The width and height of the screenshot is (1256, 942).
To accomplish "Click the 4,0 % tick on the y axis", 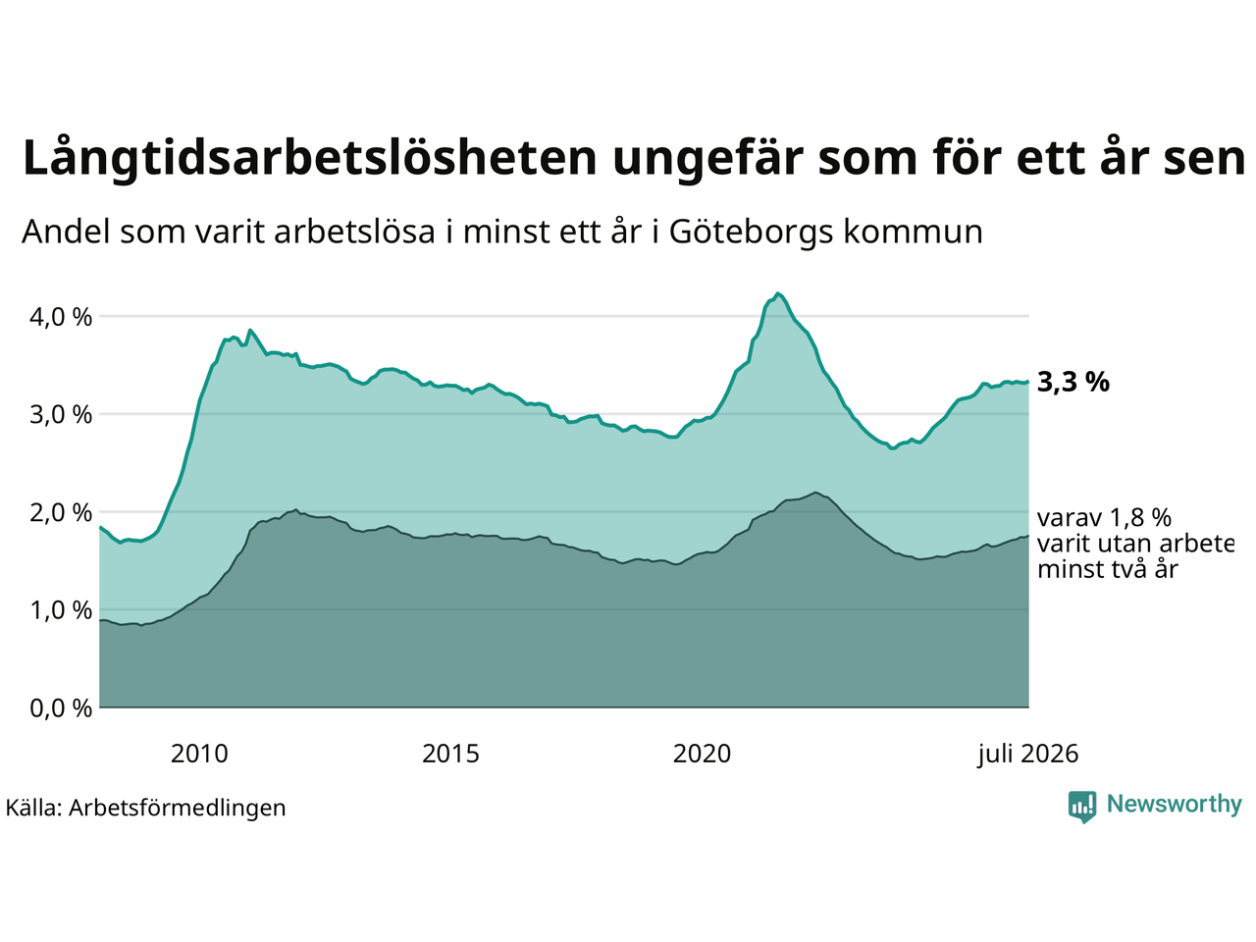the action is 61,317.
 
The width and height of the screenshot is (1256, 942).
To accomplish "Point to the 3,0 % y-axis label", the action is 61,415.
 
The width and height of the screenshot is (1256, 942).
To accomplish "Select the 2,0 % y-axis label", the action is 61,512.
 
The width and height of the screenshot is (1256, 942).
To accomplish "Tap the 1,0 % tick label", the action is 61,610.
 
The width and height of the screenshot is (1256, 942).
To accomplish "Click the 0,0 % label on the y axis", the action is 61,708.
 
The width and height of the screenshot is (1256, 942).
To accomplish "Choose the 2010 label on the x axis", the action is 199,754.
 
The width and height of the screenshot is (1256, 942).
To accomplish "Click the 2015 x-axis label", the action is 450,754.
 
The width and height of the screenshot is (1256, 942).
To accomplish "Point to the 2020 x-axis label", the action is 702,754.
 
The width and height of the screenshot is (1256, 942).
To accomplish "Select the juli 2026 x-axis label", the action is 1027,755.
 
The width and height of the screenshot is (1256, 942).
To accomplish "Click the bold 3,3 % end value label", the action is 1073,382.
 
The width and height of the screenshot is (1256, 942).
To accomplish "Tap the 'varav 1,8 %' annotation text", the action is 1104,518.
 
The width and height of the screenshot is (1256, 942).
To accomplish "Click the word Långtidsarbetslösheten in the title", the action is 309,158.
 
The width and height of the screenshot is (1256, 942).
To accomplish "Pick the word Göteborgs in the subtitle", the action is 751,233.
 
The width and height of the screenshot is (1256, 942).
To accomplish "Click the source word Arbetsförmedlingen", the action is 177,809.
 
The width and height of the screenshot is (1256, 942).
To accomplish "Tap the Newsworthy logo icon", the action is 1082,807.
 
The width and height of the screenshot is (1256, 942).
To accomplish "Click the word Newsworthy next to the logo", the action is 1175,805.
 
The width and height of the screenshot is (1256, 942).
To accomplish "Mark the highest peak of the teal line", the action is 777,293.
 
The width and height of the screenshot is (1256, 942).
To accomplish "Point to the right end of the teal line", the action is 1028,382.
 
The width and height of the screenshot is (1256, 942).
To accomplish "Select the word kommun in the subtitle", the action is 913,233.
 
